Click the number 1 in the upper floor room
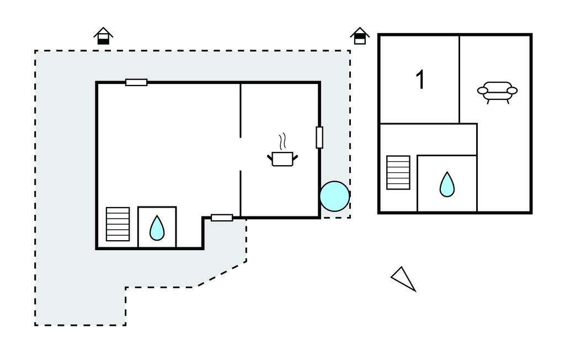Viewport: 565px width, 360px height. tap(420, 80)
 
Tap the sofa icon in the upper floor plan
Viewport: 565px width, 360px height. tap(497, 92)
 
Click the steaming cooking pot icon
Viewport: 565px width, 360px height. tap(282, 158)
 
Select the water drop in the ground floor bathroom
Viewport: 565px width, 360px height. tap(157, 227)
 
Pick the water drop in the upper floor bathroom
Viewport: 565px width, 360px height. tap(447, 184)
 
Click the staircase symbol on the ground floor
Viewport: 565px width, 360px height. tap(118, 224)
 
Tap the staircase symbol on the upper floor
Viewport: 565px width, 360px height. tap(398, 172)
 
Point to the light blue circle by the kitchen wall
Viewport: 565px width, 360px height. tap(334, 196)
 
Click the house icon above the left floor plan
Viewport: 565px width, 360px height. tap(103, 36)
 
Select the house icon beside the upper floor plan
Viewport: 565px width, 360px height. tap(360, 36)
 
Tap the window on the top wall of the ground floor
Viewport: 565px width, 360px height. tap(136, 82)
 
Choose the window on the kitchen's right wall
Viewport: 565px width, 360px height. tap(319, 137)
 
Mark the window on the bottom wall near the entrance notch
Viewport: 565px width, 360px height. tap(222, 218)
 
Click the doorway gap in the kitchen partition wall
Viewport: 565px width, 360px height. tap(241, 154)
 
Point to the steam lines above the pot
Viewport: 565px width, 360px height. tap(283, 141)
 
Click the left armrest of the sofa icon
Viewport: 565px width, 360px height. tap(483, 91)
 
